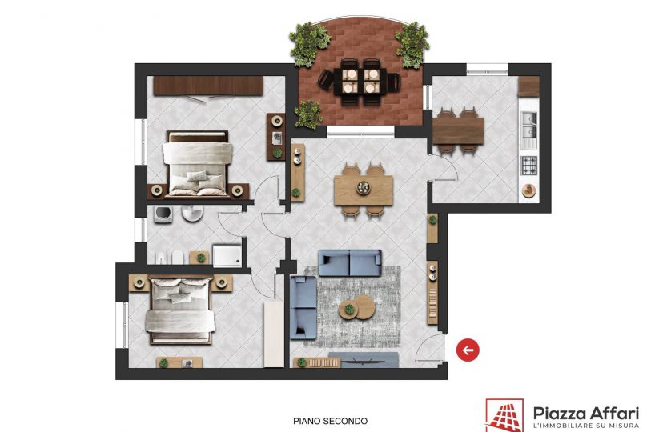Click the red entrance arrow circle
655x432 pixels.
pos(468,350)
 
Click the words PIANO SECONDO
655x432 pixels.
pos(330,421)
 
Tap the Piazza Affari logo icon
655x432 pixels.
pos(504,415)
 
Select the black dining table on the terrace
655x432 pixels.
pos(360,81)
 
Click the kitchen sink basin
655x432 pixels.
pos(528,125)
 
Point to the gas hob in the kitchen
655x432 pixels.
pos(528,166)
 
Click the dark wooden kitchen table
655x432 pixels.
pos(458,131)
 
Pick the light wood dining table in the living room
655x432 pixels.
pos(364,190)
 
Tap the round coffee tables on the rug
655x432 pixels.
pos(357,308)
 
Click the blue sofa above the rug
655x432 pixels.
pos(350,263)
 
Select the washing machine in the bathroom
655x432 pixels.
pos(162,214)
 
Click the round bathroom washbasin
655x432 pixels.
pos(192,214)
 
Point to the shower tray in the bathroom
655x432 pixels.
pos(227,255)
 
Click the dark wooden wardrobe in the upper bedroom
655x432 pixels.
pos(208,86)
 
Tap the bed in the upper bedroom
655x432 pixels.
pos(198,163)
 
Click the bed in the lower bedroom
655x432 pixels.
pos(179,311)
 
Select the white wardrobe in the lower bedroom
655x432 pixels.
pos(274,334)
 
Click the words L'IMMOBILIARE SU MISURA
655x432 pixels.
pos(586,426)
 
